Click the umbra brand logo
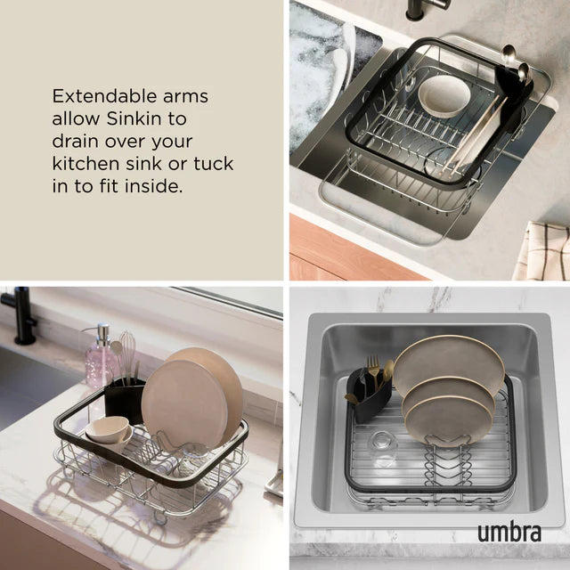(508, 532)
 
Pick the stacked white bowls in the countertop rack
(109, 429)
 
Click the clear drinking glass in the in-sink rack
(383, 447)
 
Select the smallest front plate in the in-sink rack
(447, 419)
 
